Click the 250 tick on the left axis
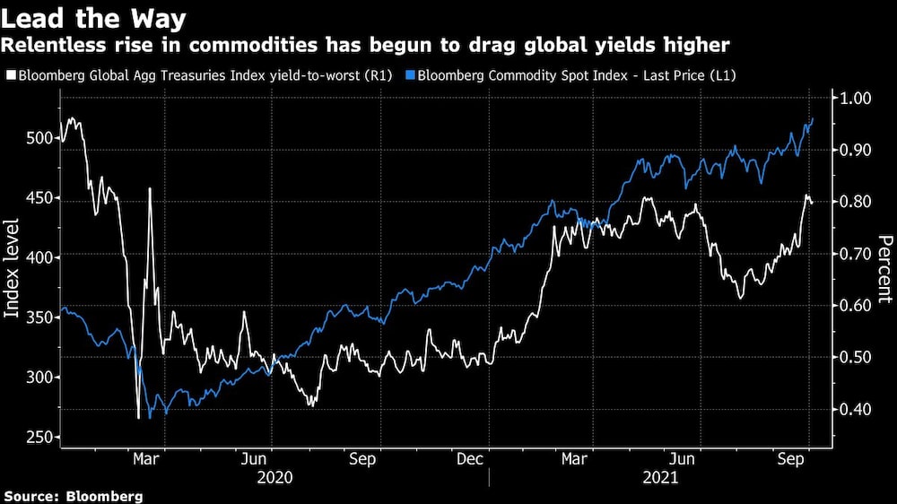pos(41,437)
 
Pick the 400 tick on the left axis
pos(41,257)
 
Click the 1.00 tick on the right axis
pos(855,99)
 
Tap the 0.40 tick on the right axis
pos(855,410)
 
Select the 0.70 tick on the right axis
pos(855,255)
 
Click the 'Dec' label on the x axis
pos(473,458)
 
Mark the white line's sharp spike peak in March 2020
pos(150,188)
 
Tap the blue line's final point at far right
pos(813,118)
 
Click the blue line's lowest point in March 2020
pos(150,418)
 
